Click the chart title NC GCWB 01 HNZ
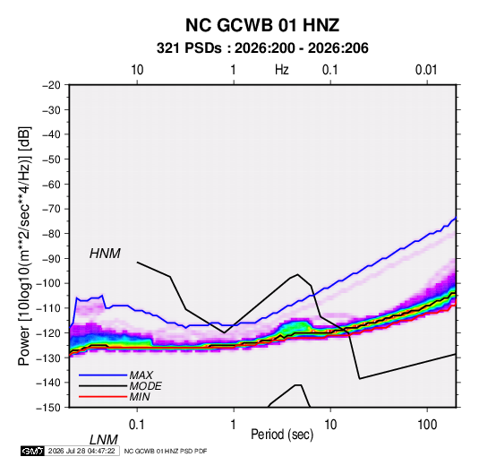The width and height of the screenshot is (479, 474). (x=262, y=25)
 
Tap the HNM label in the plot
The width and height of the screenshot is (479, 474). (x=105, y=254)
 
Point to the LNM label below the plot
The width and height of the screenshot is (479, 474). (x=103, y=440)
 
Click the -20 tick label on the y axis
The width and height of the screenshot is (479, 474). (x=51, y=85)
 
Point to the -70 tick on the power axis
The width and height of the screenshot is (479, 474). (x=51, y=209)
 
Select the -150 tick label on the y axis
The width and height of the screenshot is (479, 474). (x=48, y=408)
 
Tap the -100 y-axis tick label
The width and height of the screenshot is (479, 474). (x=48, y=283)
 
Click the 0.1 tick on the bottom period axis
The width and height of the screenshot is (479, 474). (x=137, y=425)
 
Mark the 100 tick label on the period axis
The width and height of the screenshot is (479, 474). (x=427, y=425)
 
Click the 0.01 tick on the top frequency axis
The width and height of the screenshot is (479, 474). (x=426, y=70)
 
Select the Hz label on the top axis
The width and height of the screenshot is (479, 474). (x=282, y=70)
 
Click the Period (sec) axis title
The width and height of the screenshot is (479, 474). (x=282, y=435)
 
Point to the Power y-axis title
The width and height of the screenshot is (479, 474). (x=24, y=246)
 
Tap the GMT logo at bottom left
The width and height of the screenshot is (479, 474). (x=33, y=451)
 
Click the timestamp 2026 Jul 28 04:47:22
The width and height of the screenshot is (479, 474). (x=81, y=451)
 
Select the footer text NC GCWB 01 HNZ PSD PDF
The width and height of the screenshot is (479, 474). (x=166, y=451)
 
